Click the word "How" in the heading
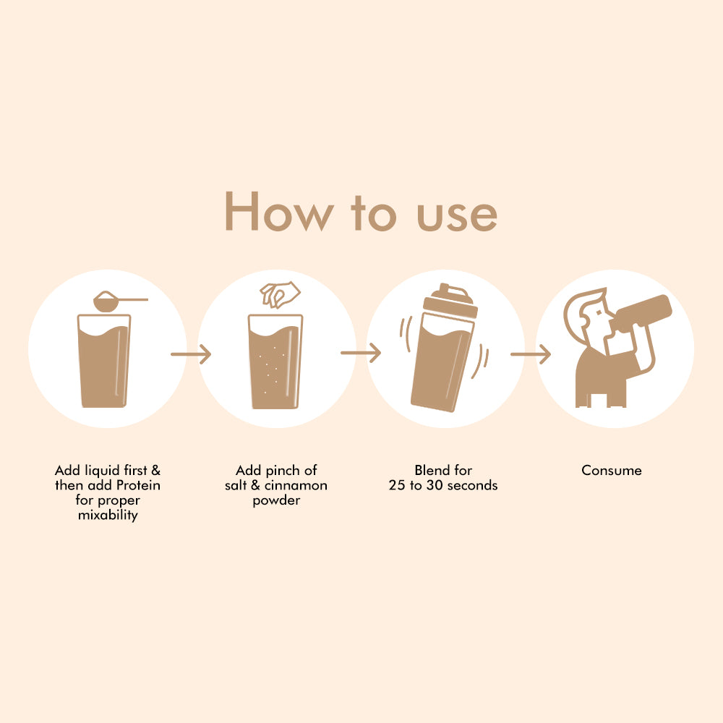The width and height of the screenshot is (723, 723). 279,211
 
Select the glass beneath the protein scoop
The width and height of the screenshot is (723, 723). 104,361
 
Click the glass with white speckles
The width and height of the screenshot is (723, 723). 275,361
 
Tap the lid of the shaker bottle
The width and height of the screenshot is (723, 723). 450,300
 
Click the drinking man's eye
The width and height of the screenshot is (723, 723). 599,312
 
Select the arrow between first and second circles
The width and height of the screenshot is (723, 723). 191,354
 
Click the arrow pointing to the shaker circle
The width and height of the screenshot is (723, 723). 361,354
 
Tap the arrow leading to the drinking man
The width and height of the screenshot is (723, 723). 531,354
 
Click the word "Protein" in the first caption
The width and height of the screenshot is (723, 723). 138,485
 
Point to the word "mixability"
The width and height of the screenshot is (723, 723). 108,515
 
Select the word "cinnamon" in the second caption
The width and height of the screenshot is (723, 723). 296,485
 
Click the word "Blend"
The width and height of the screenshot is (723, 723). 432,470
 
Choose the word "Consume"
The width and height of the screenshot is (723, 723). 612,471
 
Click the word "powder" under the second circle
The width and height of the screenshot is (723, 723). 276,501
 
